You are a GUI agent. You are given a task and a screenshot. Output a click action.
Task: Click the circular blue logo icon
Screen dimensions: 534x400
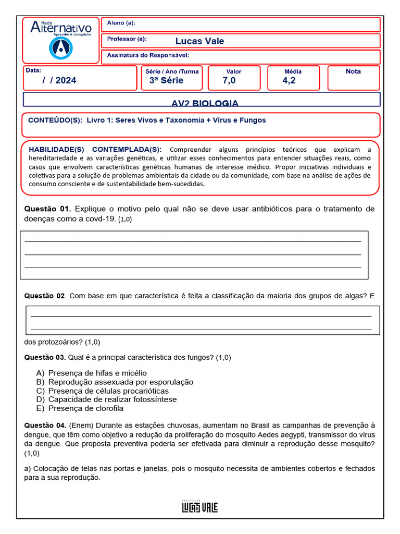coord(60,48)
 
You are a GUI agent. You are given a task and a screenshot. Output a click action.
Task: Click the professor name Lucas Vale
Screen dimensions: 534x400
coord(199,41)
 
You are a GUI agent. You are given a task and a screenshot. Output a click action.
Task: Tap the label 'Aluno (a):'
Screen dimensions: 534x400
coord(121,23)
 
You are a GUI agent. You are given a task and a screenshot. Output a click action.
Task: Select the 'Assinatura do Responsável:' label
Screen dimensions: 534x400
coord(148,55)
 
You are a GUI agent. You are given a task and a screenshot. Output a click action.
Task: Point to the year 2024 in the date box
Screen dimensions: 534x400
coord(66,80)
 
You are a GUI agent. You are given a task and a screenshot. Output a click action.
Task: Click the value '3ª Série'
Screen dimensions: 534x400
coord(166,80)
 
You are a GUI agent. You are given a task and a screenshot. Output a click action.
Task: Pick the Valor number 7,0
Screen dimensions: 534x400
coord(229,80)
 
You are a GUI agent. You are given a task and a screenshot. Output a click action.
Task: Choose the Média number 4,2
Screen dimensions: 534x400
coord(289,80)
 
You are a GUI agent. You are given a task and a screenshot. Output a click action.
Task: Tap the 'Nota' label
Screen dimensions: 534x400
coord(353,71)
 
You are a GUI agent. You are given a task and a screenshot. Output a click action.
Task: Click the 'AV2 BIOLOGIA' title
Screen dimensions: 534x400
coord(205,103)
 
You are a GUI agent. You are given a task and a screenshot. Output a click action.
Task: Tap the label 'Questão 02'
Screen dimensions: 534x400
coord(45,296)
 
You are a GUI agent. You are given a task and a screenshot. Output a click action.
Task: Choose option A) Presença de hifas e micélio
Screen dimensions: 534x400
coord(92,373)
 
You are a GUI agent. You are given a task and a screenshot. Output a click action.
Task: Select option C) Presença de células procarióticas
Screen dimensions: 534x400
coord(103,391)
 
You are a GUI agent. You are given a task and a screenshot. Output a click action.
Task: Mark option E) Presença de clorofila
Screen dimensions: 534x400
coord(80,408)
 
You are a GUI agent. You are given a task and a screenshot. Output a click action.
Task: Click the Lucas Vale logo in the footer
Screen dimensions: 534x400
coord(199,506)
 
